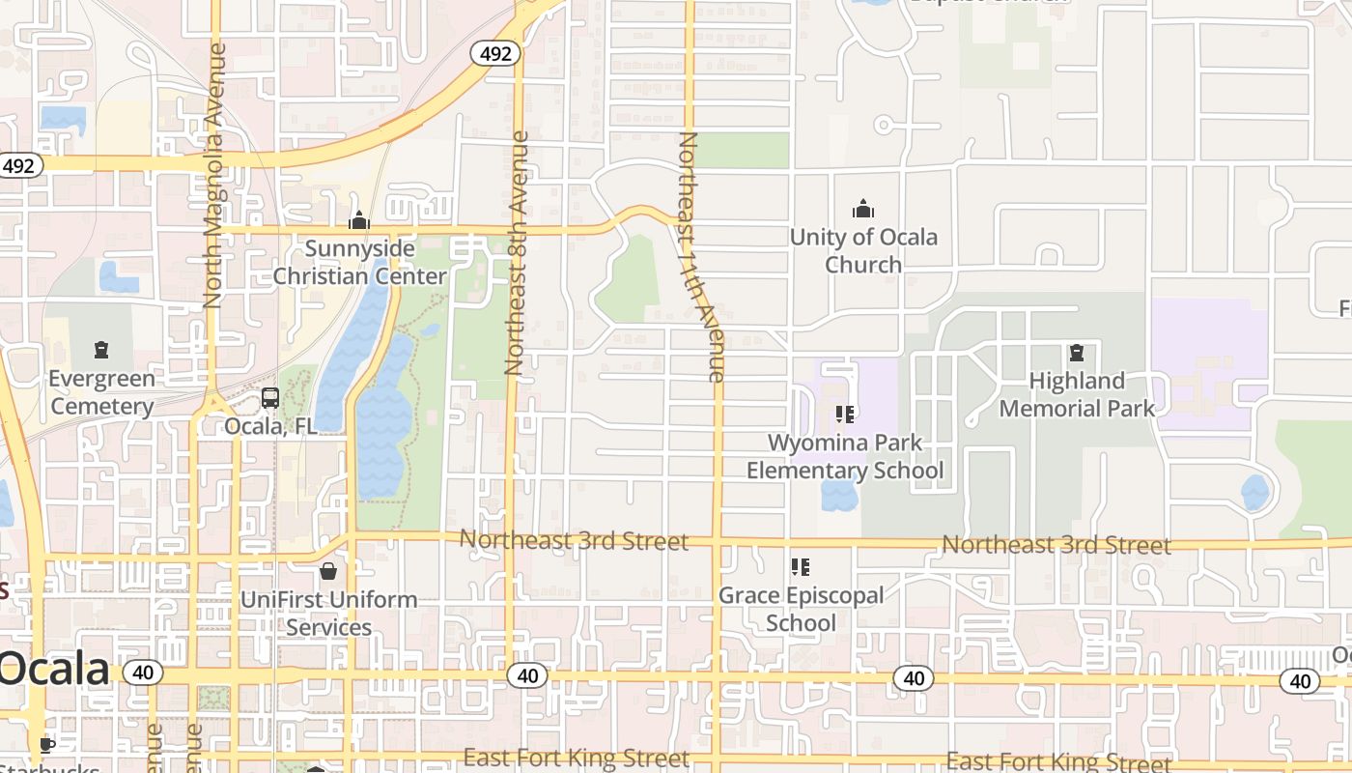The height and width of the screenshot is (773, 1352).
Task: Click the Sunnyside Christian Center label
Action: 359,263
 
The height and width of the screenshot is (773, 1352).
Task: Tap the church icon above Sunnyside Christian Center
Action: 359,221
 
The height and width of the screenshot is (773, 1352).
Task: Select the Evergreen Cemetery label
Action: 101,392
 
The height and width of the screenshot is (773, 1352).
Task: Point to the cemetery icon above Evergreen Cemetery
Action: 101,349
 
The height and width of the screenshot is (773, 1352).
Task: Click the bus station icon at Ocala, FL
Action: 270,398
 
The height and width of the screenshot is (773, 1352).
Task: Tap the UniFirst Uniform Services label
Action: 329,613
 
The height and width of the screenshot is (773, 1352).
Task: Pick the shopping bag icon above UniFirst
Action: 328,571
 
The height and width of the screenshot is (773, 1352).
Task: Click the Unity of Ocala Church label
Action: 863,250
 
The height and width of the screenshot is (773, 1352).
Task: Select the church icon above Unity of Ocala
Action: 862,209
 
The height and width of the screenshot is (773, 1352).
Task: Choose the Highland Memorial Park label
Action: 1077,394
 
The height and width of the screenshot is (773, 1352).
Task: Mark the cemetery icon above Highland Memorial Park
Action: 1077,352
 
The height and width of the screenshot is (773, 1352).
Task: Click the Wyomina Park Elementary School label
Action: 845,457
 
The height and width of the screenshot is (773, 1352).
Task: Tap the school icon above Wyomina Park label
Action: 845,415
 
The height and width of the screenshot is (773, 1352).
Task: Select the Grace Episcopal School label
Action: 801,609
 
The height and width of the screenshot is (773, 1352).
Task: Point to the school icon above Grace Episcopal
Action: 800,567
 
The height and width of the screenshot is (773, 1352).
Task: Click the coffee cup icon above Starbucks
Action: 45,744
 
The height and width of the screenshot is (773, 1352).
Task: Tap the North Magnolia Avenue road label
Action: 214,174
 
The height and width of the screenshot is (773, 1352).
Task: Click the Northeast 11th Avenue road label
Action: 702,257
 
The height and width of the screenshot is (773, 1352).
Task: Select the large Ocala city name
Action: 54,669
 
